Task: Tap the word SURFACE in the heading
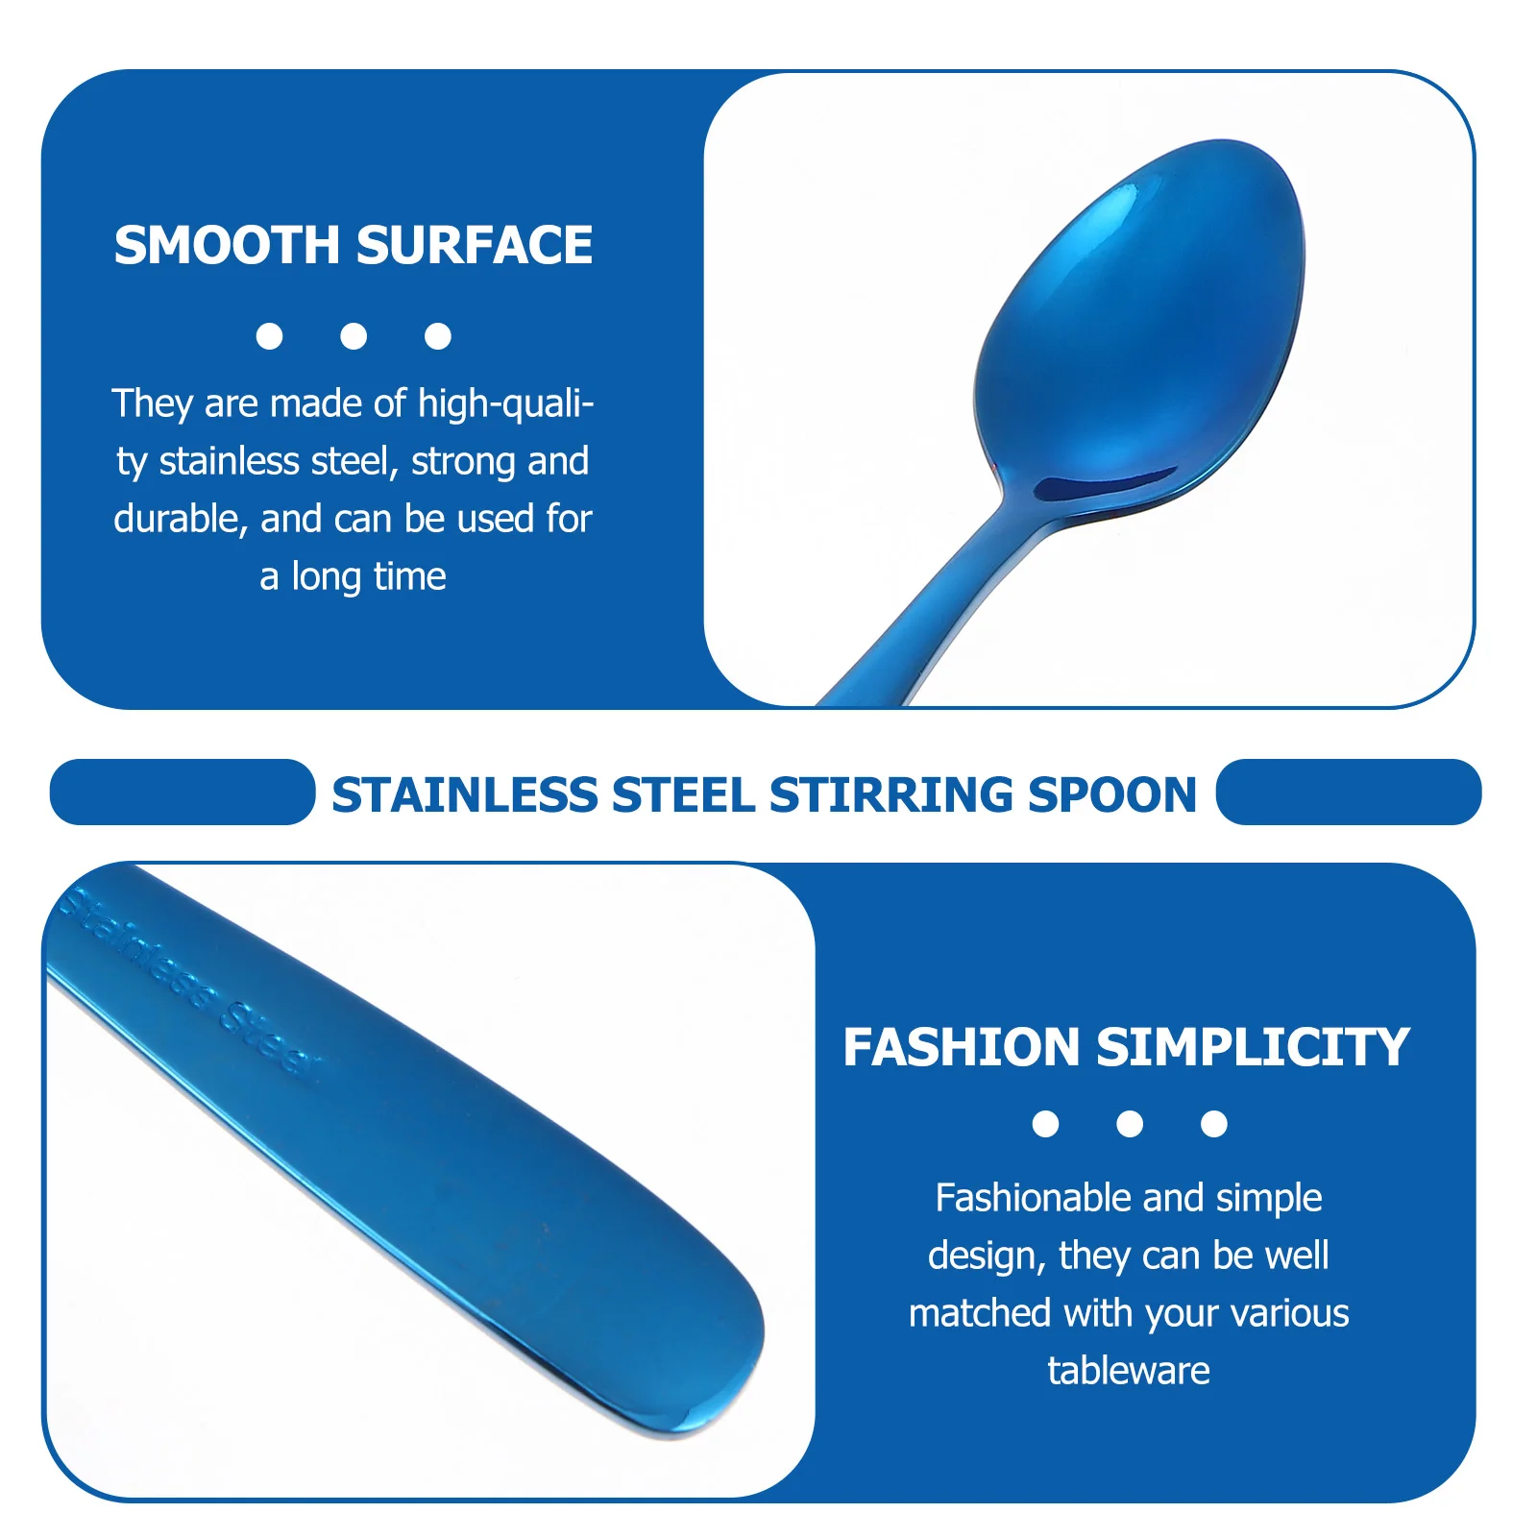coord(475,245)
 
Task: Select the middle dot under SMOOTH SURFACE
coord(354,336)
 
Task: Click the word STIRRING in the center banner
coord(891,795)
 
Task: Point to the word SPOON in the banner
coord(1112,795)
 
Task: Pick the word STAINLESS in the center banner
coord(464,795)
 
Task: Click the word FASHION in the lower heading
coord(962,1047)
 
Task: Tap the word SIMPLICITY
coord(1253,1047)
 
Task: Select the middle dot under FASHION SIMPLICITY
coord(1130,1124)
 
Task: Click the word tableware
coord(1129,1371)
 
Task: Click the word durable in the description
coord(175,519)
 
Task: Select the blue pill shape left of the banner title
coord(183,793)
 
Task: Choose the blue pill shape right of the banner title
coord(1349,793)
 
